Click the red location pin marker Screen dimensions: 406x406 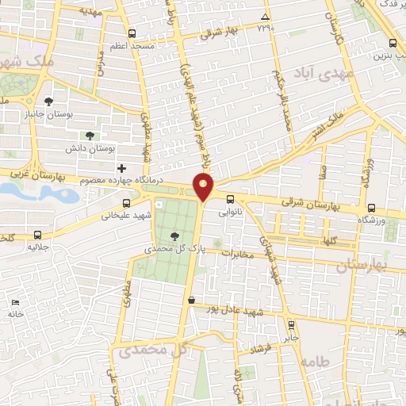(205, 187)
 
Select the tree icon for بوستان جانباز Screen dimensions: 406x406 (49, 101)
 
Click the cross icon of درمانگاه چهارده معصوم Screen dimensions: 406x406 (121, 168)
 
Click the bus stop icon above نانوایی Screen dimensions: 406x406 (230, 200)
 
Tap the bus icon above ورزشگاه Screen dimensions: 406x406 (372, 208)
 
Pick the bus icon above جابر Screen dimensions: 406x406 (292, 324)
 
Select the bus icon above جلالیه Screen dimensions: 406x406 (39, 236)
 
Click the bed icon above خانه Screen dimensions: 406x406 (15, 303)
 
